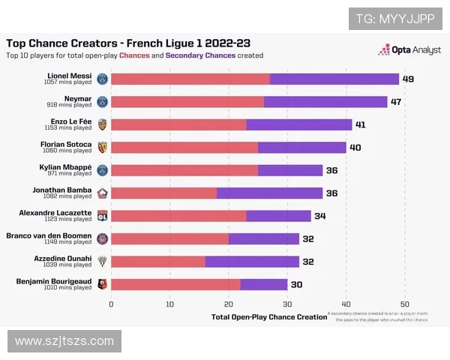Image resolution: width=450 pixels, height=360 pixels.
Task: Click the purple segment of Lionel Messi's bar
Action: point(334,79)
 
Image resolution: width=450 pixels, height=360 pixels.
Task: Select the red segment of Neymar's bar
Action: point(187,101)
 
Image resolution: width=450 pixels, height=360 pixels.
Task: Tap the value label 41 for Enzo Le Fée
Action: point(360,124)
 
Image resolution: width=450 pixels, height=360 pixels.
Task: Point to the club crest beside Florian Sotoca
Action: point(103,147)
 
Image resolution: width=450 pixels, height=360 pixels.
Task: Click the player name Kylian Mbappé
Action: point(65,167)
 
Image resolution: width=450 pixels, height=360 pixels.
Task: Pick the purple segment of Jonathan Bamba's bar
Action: point(269,193)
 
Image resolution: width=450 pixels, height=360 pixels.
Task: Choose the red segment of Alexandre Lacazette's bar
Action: point(178,216)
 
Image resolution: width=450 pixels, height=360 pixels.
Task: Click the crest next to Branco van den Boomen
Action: point(103,238)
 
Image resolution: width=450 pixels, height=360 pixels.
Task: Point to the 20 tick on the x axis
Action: point(228,304)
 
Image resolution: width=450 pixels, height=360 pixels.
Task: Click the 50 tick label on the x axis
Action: point(404,304)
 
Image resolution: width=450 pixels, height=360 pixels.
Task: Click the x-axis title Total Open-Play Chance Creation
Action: point(269,316)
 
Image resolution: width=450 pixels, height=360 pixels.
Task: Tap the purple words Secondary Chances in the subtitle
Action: point(200,55)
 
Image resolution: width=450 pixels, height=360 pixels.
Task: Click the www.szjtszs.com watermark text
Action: point(64,341)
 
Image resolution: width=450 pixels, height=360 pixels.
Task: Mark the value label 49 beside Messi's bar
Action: point(408,79)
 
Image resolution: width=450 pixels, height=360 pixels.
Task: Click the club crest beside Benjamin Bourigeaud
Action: point(103,284)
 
